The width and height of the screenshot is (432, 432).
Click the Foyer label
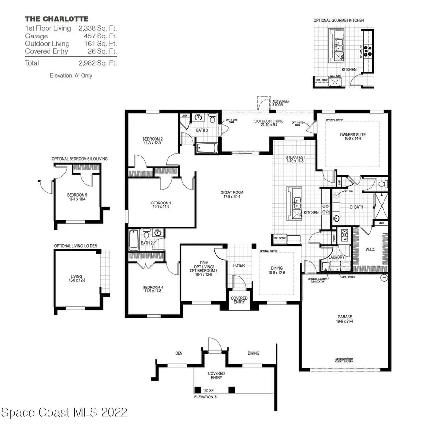(239, 264)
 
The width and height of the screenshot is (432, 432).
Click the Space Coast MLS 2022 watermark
(65, 412)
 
